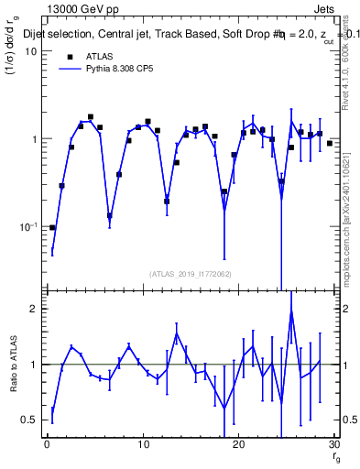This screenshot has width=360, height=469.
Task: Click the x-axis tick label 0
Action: pos(47,445)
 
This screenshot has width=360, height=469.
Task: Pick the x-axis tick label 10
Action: pos(143,445)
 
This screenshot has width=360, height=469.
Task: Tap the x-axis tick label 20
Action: pos(239,445)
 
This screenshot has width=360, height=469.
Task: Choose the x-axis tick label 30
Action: pos(334,445)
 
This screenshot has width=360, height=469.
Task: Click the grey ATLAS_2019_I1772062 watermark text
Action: pos(191,273)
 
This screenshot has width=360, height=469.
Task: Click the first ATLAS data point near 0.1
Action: pos(52,227)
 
